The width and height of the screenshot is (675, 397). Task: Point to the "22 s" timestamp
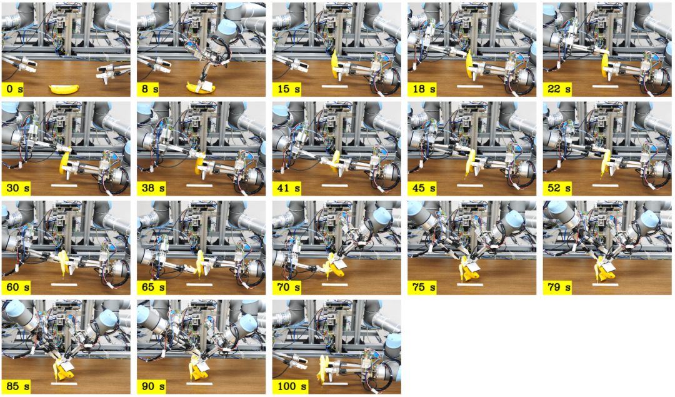(x=557, y=89)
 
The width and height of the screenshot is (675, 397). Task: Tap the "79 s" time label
(x=557, y=287)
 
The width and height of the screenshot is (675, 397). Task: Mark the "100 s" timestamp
(x=290, y=386)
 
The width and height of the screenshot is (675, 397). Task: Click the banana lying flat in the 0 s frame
(x=64, y=89)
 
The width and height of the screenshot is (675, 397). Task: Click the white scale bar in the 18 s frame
(x=469, y=86)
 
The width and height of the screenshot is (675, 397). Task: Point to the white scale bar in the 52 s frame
(x=605, y=186)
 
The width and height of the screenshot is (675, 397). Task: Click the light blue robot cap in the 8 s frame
(x=227, y=30)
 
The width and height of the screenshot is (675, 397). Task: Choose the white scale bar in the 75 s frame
(x=469, y=284)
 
